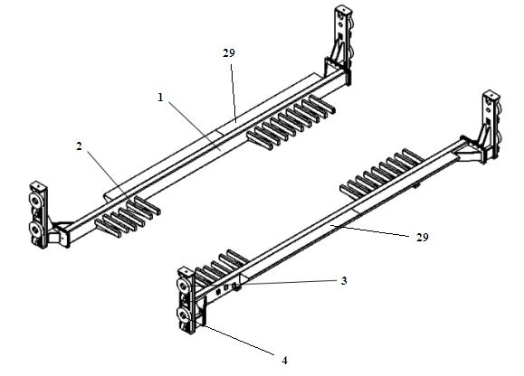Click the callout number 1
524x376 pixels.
(160, 98)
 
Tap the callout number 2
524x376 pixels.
(79, 146)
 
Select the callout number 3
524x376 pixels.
(344, 281)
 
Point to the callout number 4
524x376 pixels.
(284, 361)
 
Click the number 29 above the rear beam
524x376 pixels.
(229, 53)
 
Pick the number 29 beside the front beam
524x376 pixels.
(422, 238)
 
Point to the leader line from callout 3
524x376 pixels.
(288, 283)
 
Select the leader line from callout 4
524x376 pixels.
(237, 338)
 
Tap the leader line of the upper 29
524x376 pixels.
(233, 93)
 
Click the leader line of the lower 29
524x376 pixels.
(369, 230)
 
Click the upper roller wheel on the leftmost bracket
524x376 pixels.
(35, 201)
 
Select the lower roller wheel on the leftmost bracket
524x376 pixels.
(35, 229)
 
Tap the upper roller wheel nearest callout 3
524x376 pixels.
(183, 286)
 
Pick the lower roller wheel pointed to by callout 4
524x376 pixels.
(183, 314)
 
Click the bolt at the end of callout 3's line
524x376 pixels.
(235, 286)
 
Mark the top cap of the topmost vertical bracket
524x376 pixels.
(343, 8)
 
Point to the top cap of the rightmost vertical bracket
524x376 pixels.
(491, 93)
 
